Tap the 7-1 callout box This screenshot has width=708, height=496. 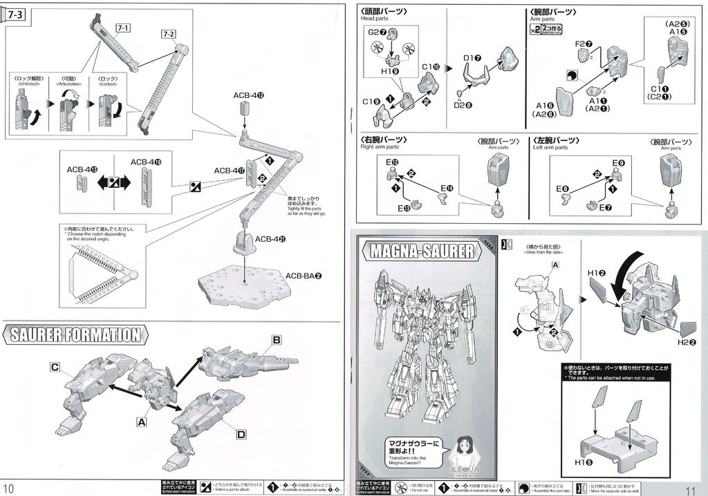tap(124, 28)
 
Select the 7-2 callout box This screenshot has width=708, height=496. tap(169, 34)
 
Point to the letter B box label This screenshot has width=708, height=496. tap(276, 340)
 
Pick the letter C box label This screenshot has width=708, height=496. tap(54, 367)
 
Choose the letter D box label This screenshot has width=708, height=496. tap(241, 434)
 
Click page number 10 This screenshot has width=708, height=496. tap(10, 488)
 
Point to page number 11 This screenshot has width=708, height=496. tap(693, 488)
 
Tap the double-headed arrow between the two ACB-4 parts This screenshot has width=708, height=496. tap(111, 184)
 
